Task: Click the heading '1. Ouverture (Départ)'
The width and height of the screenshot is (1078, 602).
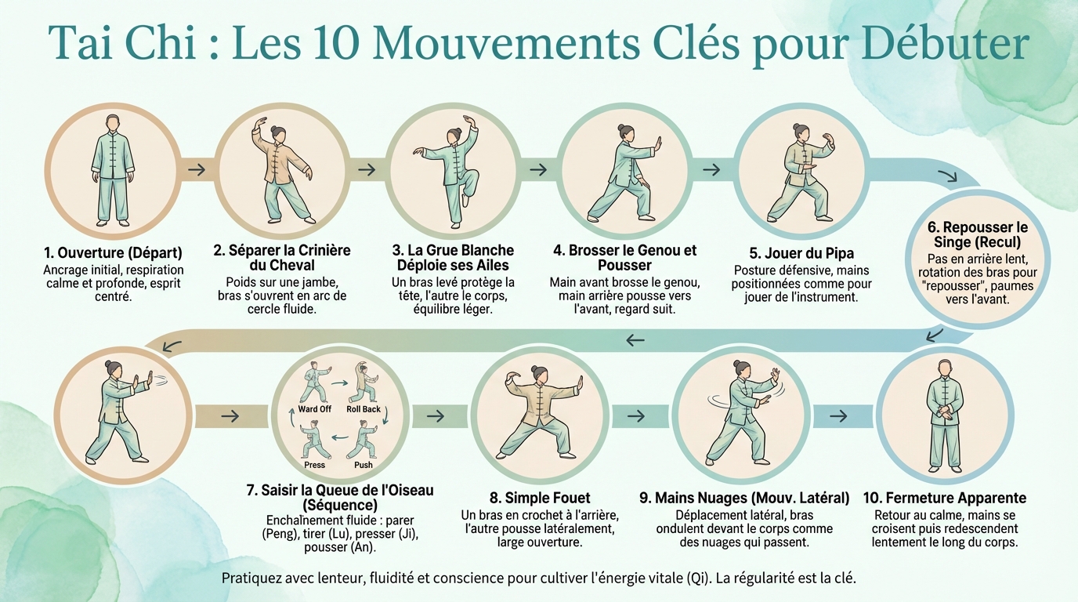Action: tap(113, 253)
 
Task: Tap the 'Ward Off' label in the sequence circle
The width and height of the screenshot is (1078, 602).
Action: tap(314, 409)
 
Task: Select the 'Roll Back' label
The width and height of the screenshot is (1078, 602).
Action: tap(364, 409)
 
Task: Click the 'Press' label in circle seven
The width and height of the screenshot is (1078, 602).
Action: tap(315, 465)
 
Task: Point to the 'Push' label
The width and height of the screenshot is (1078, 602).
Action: tap(364, 465)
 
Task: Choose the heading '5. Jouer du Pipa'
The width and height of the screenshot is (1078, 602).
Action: tap(801, 253)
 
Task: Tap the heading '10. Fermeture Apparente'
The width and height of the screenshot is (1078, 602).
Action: tap(944, 498)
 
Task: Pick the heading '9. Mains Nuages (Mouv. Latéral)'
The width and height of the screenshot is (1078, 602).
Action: tap(744, 498)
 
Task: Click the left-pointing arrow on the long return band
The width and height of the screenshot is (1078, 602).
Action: tap(635, 339)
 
